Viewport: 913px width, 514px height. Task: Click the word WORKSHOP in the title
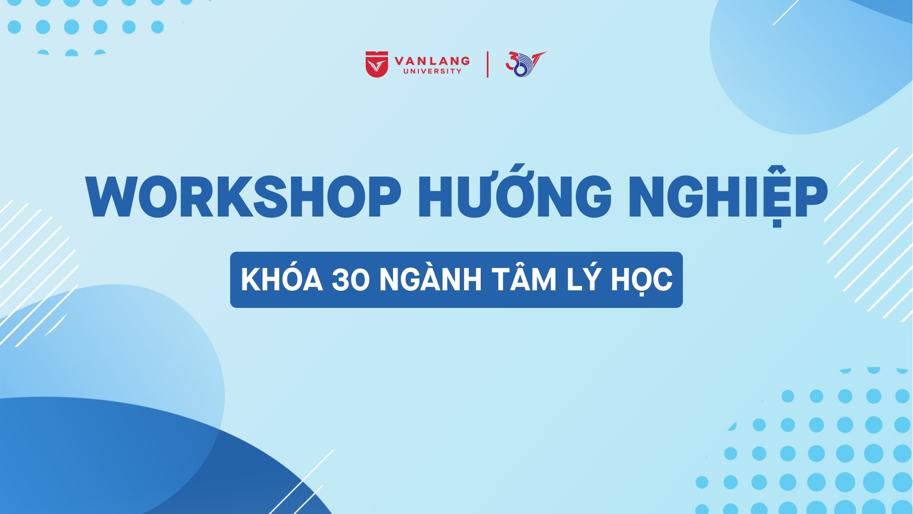(x=243, y=197)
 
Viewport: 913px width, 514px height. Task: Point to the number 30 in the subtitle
(x=350, y=279)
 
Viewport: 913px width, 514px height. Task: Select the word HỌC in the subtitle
(x=642, y=279)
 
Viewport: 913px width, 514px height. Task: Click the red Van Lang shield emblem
(x=377, y=64)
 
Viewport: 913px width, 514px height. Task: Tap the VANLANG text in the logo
(x=432, y=61)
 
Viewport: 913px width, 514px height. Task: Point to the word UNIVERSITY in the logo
(x=432, y=71)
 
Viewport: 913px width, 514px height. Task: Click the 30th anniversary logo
(x=525, y=64)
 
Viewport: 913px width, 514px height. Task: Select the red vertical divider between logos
(x=487, y=64)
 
